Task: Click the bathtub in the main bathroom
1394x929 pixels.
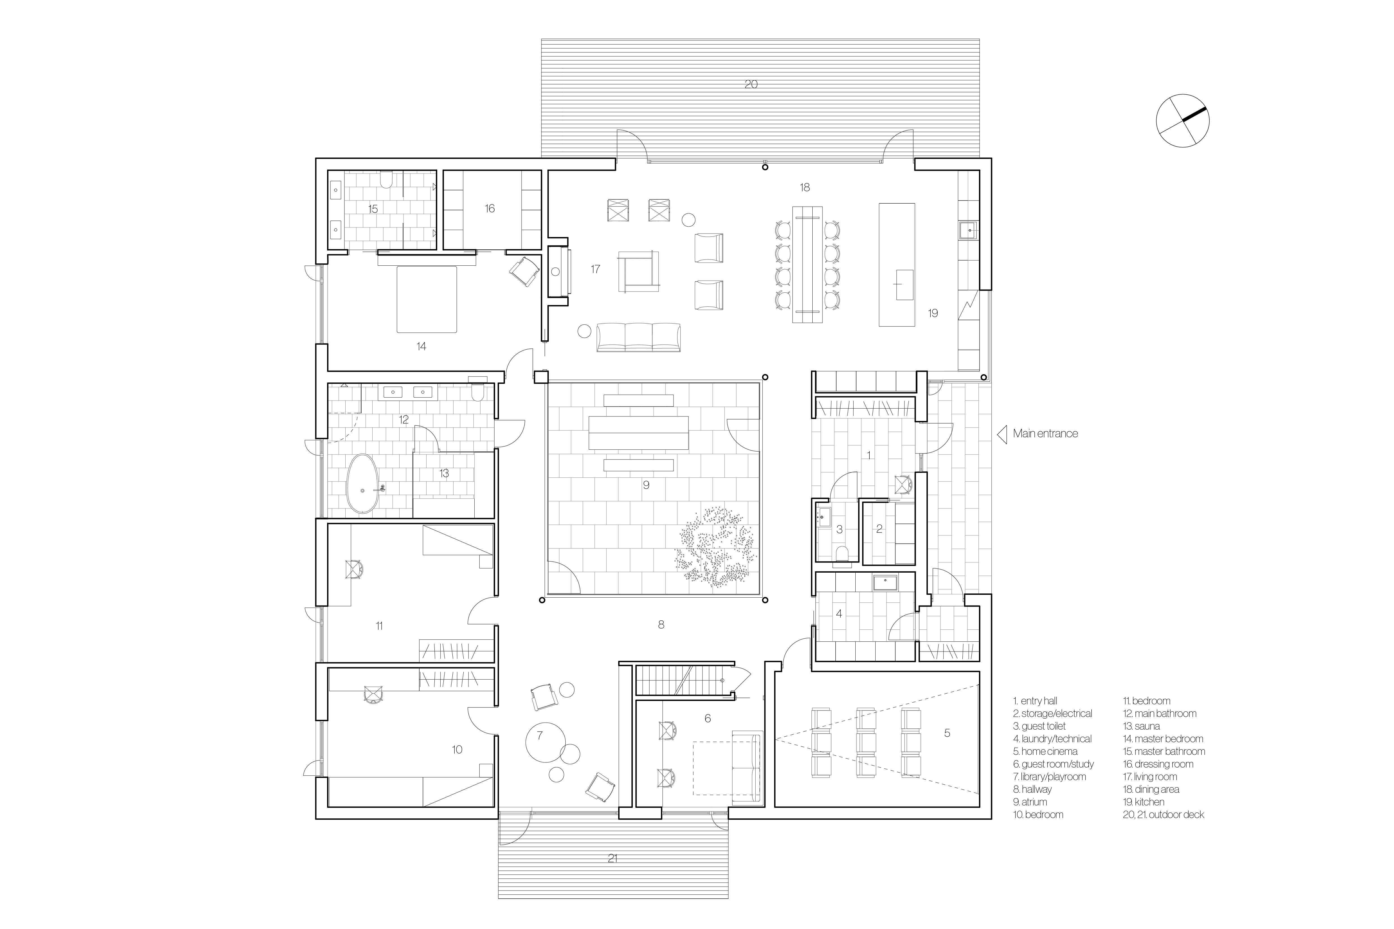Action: [362, 484]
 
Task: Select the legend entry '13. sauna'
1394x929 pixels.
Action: [1141, 726]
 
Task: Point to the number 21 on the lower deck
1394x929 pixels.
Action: [613, 857]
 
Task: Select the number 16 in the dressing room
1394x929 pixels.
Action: [489, 209]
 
